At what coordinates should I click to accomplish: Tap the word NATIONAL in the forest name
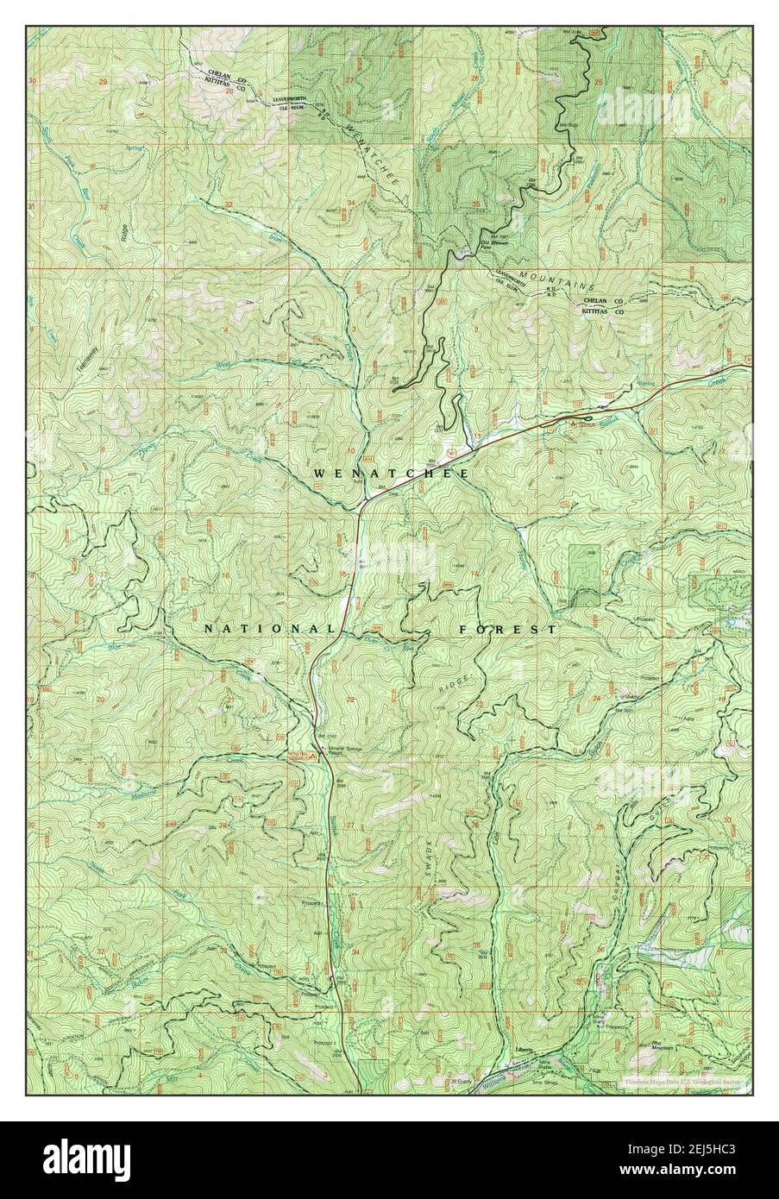click(x=257, y=629)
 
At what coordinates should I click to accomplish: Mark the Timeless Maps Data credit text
click(x=687, y=1080)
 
